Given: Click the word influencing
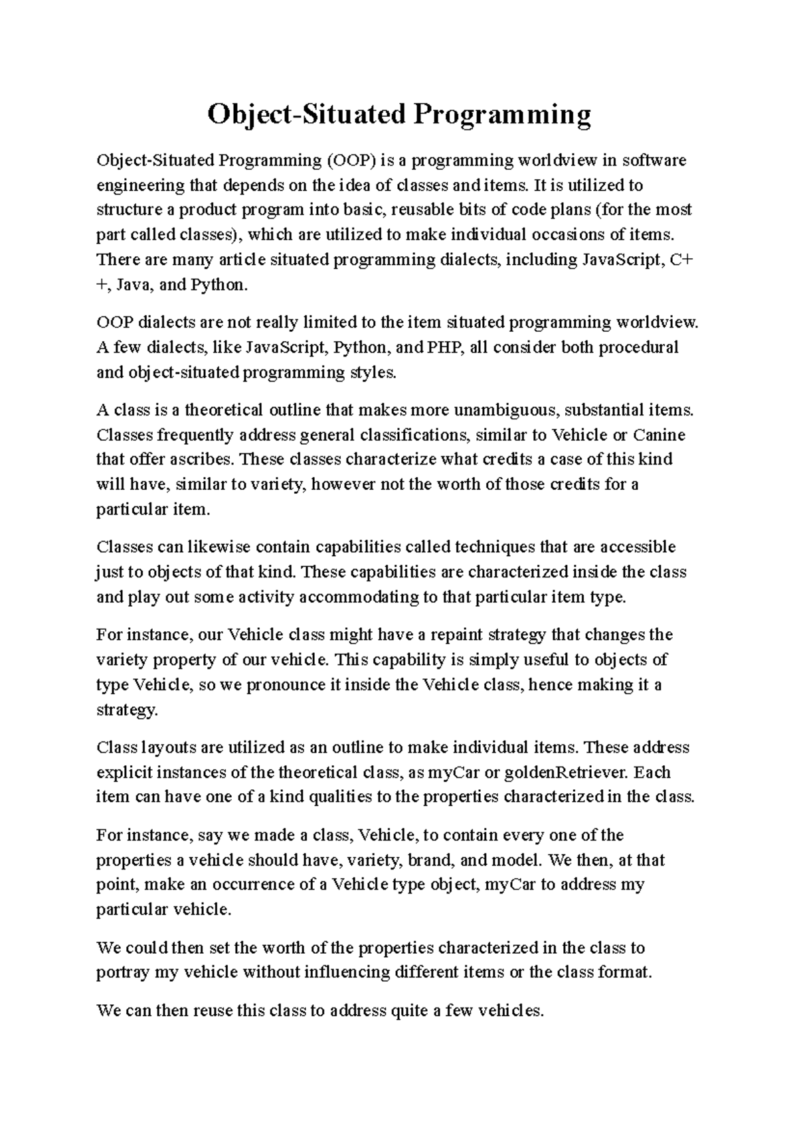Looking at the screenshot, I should coord(347,972).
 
